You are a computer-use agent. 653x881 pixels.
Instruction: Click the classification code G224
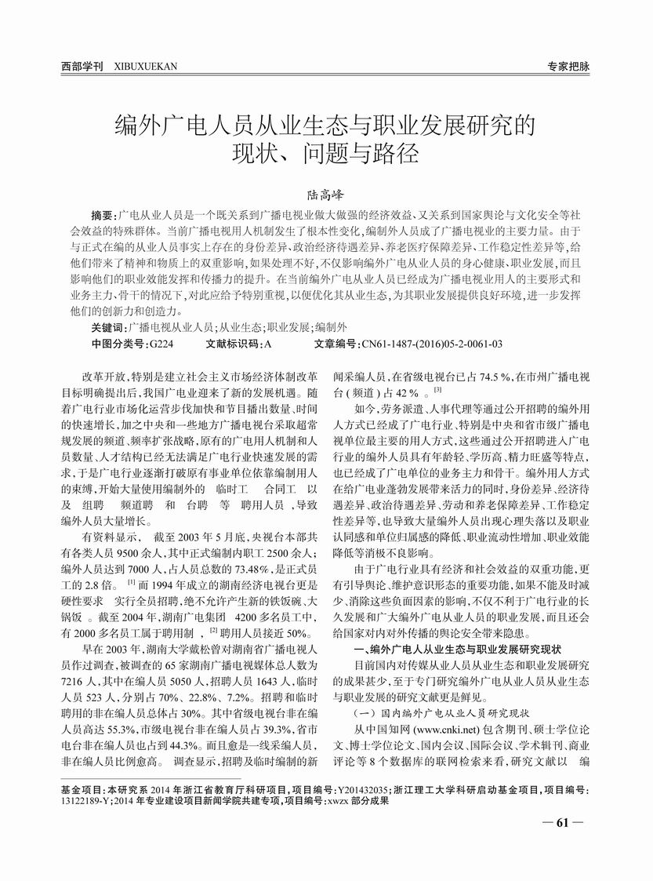pos(161,344)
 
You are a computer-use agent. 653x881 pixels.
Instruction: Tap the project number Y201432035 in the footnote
pos(372,787)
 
